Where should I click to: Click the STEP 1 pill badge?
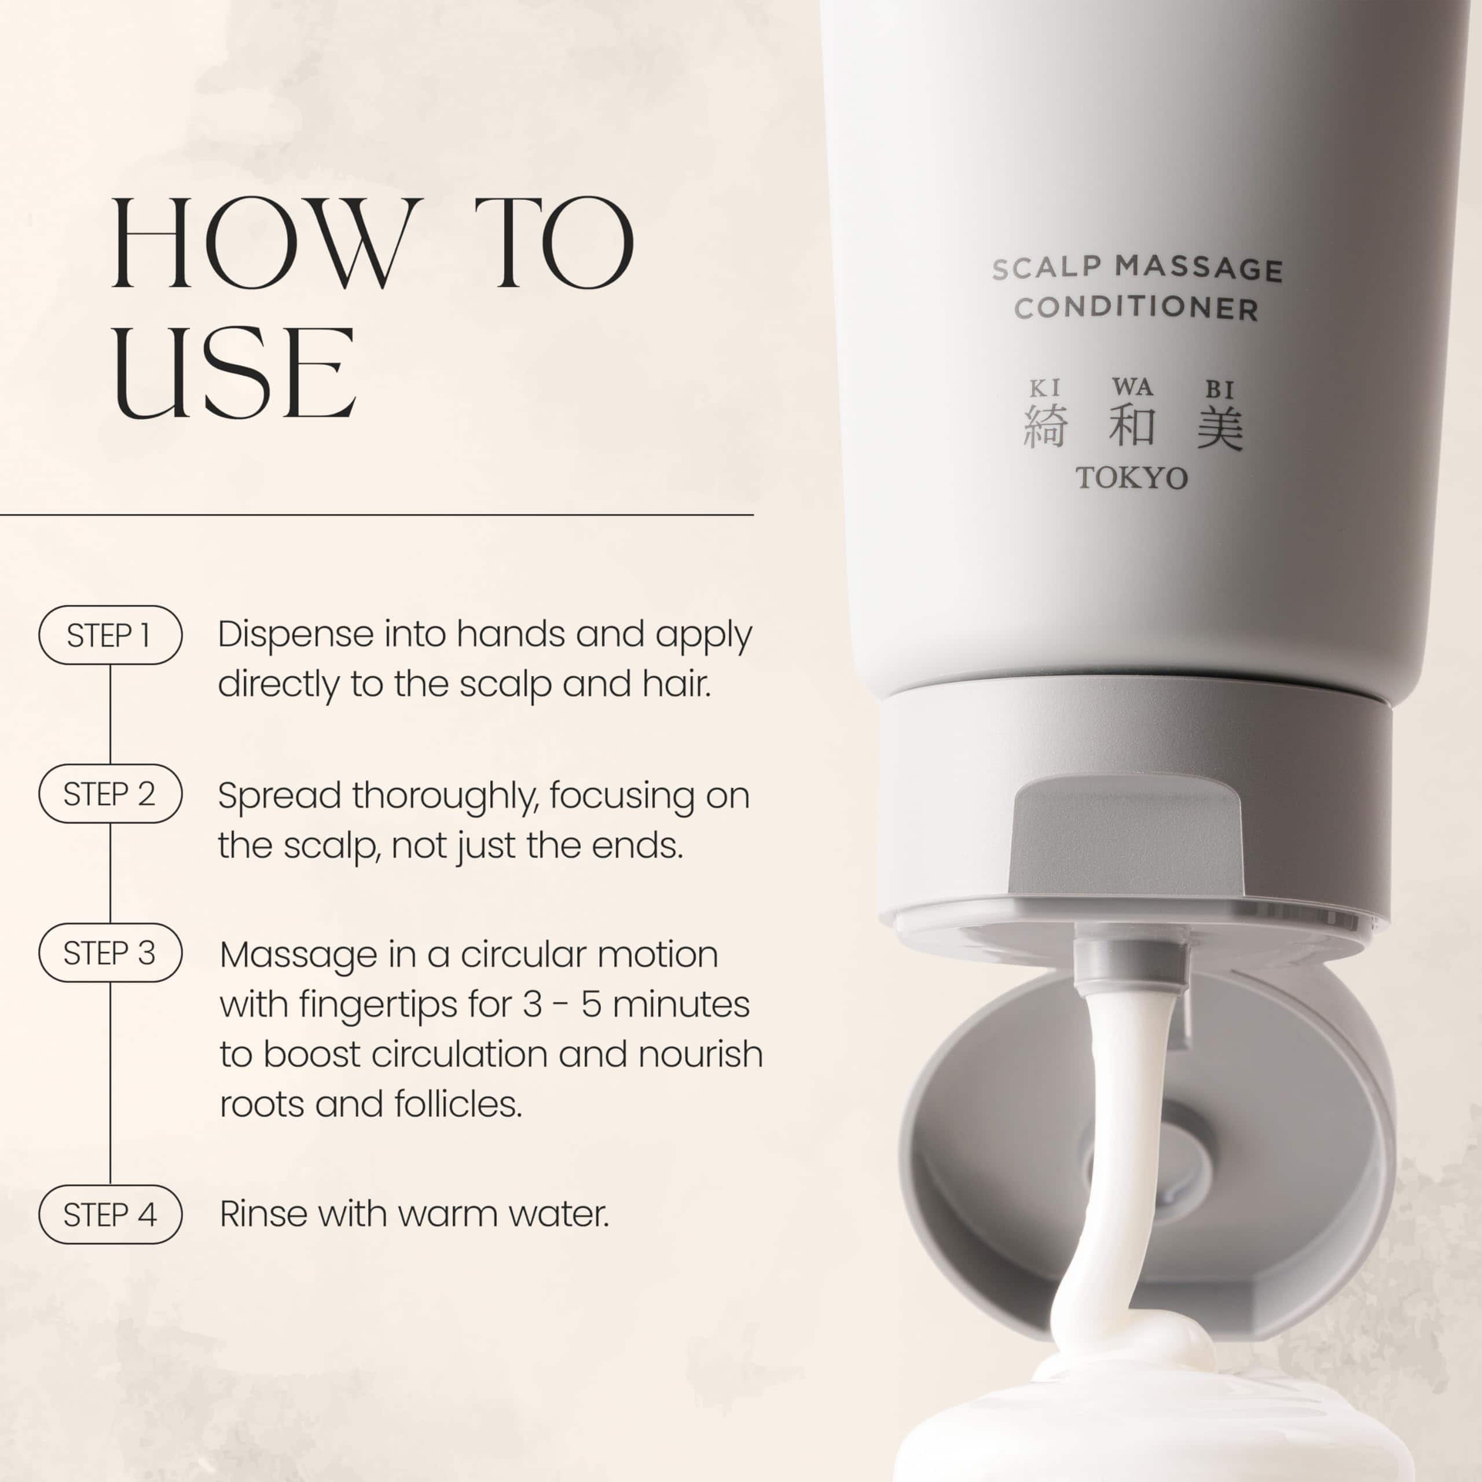111,635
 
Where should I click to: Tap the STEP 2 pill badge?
111,794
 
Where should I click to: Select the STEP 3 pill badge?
111,953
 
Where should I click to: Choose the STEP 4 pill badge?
111,1215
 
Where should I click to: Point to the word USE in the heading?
234,372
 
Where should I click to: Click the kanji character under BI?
1220,427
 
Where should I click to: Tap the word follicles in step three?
458,1105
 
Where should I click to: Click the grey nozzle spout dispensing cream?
1131,958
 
